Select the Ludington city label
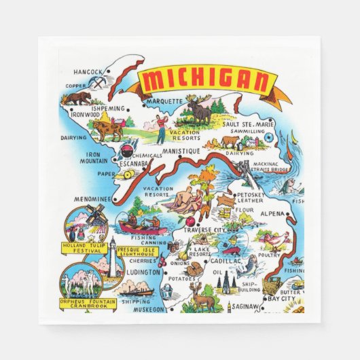click(x=142, y=272)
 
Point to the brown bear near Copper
click(x=77, y=99)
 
